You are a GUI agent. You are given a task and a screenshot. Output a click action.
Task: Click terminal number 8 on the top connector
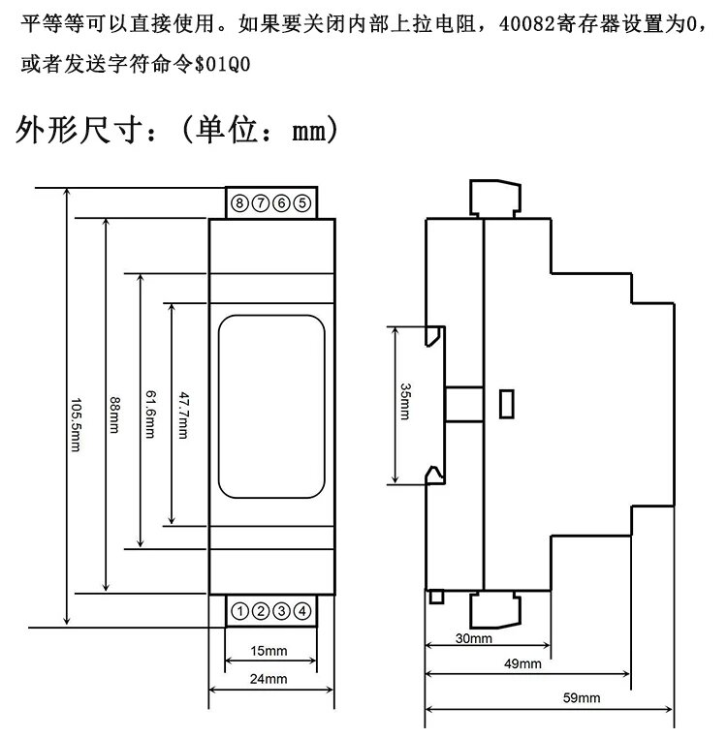click(x=239, y=203)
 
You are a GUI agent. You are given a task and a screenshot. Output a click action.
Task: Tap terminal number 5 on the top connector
click(x=302, y=203)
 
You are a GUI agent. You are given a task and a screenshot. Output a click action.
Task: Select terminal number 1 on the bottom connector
click(x=239, y=611)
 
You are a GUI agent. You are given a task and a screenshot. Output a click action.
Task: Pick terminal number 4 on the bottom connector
click(x=302, y=611)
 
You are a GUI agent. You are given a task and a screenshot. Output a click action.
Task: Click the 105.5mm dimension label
click(x=76, y=425)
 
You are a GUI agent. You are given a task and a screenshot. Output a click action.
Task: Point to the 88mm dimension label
click(x=114, y=415)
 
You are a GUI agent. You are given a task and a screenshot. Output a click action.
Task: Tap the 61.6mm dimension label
click(x=150, y=415)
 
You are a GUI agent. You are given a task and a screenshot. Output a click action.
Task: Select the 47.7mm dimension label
click(x=184, y=415)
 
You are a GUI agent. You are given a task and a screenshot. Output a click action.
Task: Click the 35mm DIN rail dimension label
click(x=405, y=401)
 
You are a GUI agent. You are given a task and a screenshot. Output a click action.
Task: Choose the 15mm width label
click(x=269, y=651)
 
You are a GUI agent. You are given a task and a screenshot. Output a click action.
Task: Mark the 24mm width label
click(x=269, y=679)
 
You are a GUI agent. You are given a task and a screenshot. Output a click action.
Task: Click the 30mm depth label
click(x=473, y=638)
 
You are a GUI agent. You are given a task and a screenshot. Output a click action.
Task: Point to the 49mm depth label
click(x=522, y=663)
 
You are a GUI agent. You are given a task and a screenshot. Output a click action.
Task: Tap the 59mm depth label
click(x=582, y=697)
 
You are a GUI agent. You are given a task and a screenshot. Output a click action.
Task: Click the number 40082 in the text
click(x=526, y=23)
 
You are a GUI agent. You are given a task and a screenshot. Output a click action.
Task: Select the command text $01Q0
click(x=222, y=64)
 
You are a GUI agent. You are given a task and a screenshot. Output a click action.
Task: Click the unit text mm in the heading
click(x=309, y=131)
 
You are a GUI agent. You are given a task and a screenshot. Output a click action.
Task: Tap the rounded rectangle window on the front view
click(x=271, y=407)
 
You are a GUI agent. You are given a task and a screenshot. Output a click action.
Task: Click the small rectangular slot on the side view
click(x=507, y=404)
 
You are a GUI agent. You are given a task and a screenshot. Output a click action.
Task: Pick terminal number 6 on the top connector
click(x=282, y=203)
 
